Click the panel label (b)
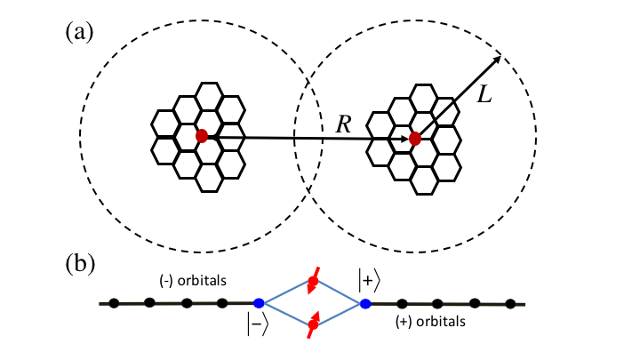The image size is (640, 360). pyautogui.click(x=81, y=264)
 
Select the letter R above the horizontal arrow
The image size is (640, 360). pyautogui.click(x=344, y=124)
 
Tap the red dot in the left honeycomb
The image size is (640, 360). pyautogui.click(x=202, y=136)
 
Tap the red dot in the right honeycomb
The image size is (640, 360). pyautogui.click(x=415, y=139)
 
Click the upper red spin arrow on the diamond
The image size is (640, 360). pyautogui.click(x=312, y=284)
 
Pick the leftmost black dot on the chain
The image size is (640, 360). pyautogui.click(x=115, y=304)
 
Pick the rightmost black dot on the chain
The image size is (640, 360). pyautogui.click(x=510, y=304)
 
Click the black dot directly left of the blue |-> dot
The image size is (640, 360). pyautogui.click(x=222, y=304)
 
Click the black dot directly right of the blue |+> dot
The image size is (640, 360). pyautogui.click(x=402, y=304)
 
